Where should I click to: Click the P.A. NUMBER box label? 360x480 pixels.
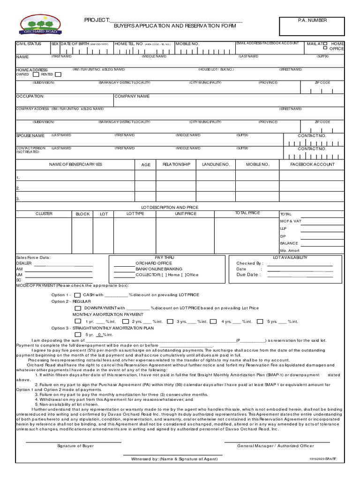pyautogui.click(x=312, y=20)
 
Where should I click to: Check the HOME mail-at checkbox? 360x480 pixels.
pyautogui.click(x=325, y=43)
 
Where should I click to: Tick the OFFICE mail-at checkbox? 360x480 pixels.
pyautogui.click(x=325, y=48)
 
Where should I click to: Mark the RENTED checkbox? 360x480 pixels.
pyautogui.click(x=58, y=75)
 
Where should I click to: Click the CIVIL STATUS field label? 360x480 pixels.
pyautogui.click(x=29, y=44)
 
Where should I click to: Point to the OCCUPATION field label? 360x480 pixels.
pyautogui.click(x=30, y=96)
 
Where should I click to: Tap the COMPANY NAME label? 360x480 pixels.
pyautogui.click(x=132, y=96)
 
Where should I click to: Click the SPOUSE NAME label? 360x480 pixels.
pyautogui.click(x=30, y=135)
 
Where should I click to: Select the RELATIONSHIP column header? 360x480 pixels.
pyautogui.click(x=176, y=165)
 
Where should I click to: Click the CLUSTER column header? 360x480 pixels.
pyautogui.click(x=44, y=214)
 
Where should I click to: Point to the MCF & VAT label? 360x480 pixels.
pyautogui.click(x=291, y=221)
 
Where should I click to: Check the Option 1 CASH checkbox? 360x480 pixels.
pyautogui.click(x=77, y=295)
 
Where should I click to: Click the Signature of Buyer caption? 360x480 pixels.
pyautogui.click(x=75, y=446)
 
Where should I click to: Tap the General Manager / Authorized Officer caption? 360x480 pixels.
pyautogui.click(x=276, y=446)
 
